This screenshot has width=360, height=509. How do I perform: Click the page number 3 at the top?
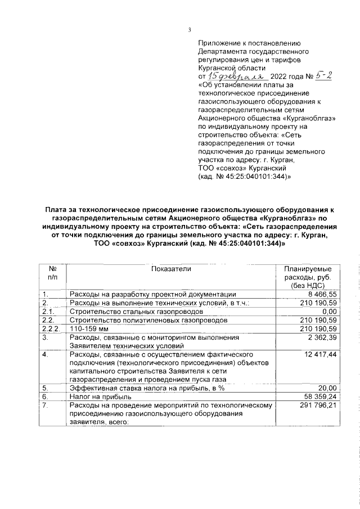(190, 30)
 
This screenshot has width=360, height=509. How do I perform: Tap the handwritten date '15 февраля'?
(232, 76)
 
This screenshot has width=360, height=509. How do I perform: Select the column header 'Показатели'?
(172, 269)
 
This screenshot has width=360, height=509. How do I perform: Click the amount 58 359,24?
(318, 397)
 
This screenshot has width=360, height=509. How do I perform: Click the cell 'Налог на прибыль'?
(97, 397)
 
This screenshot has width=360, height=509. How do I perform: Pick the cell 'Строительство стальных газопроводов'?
(132, 312)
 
